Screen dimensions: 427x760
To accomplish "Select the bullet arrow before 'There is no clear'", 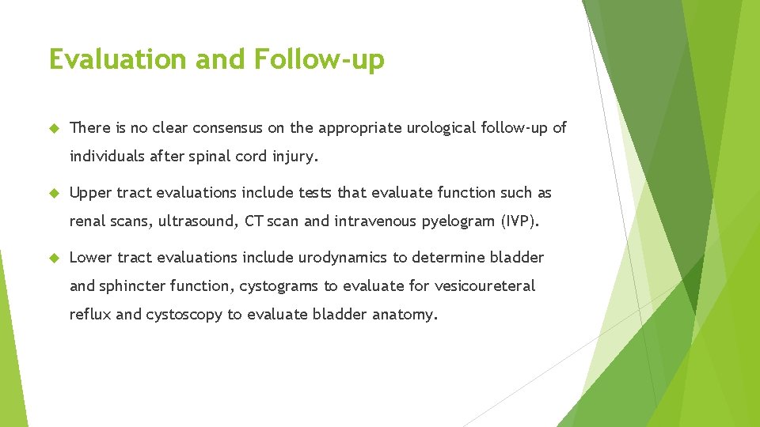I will [54, 128].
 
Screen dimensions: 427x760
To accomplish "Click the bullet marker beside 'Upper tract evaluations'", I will [54, 193].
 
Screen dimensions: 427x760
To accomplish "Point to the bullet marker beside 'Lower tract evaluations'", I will [54, 258].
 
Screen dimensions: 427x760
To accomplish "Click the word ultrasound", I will [194, 221].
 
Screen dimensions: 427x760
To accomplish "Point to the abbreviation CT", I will [253, 221].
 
